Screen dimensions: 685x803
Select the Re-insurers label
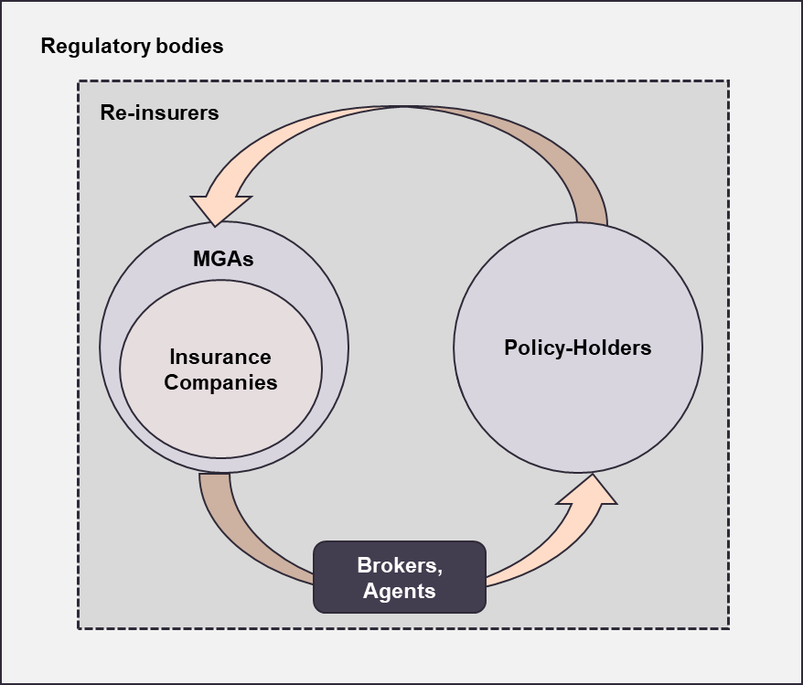coord(159,113)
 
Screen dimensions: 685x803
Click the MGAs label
coord(223,259)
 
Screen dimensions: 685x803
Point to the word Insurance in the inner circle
coord(220,357)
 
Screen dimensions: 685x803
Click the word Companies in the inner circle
coord(220,381)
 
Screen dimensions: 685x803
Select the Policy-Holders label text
coord(578,348)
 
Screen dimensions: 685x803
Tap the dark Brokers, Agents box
coord(400,577)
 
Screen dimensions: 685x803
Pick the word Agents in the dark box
coord(400,591)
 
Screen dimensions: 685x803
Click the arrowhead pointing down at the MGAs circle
coord(216,209)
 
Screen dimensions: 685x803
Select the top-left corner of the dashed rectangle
coord(78,80)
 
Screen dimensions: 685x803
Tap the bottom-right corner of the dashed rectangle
coord(728,628)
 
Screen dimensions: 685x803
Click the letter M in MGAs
coord(201,259)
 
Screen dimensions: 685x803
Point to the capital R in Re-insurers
coord(106,113)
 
